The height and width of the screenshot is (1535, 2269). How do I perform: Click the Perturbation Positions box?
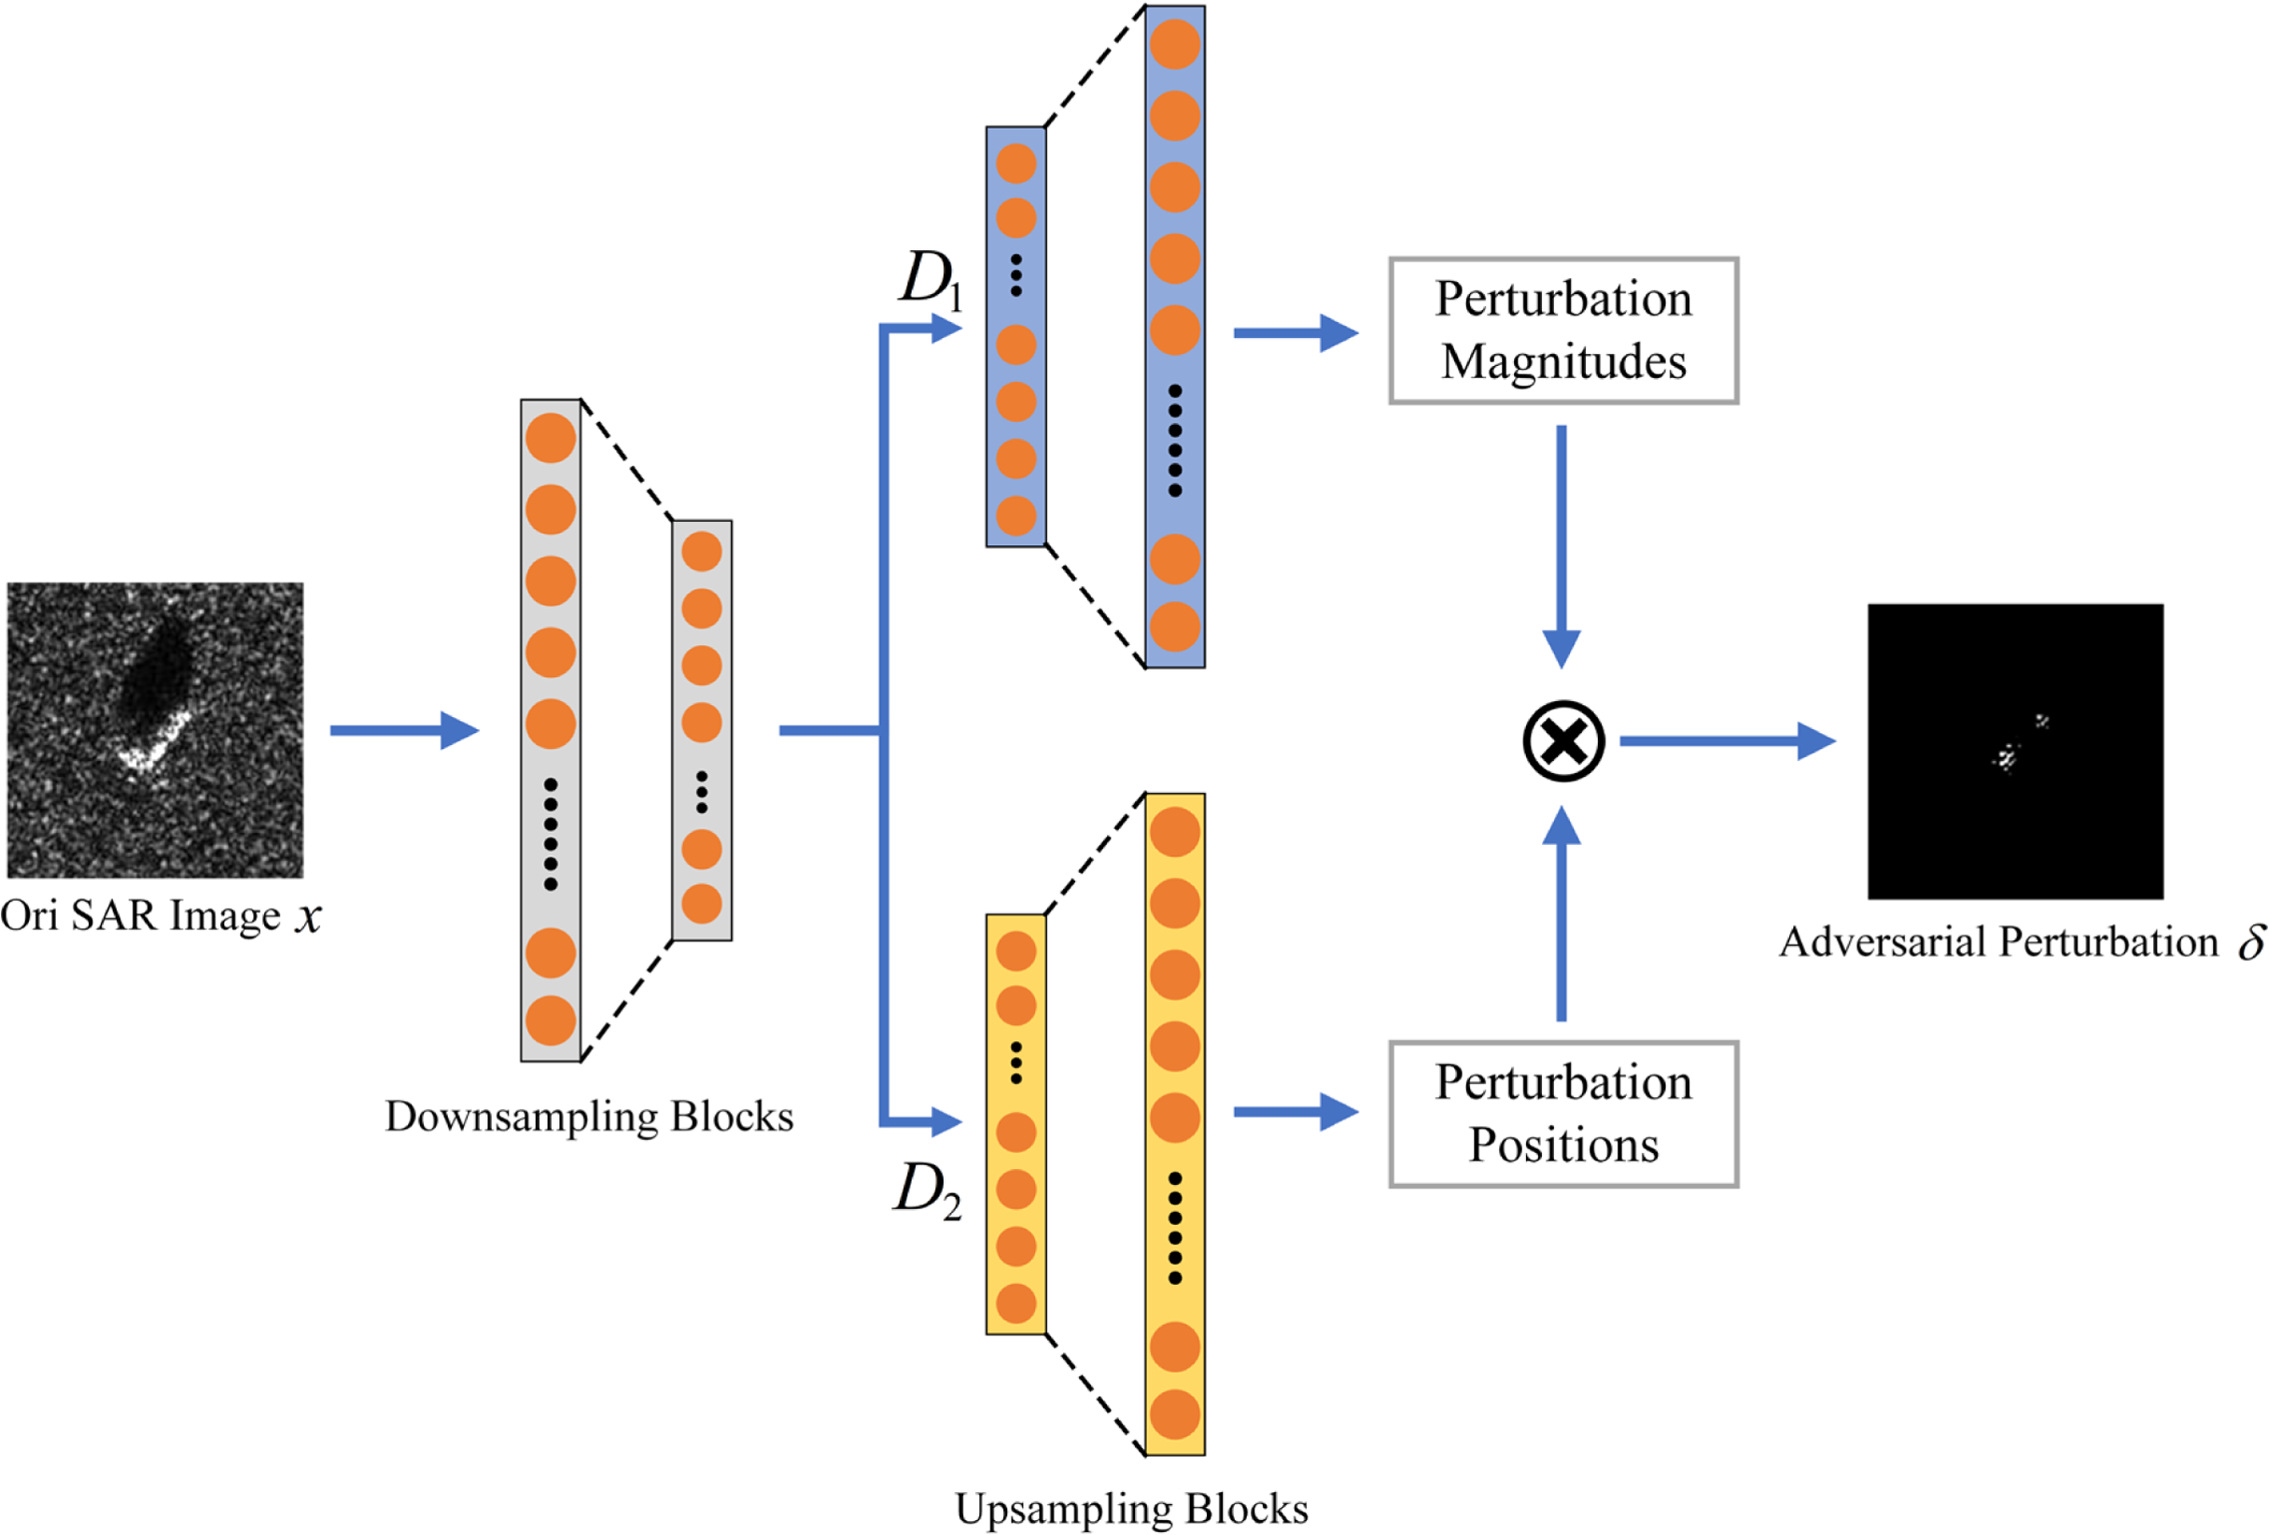(x=1563, y=1114)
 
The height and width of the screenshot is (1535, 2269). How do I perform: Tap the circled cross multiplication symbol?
(x=1563, y=741)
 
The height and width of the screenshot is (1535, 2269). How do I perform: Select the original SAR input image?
(x=155, y=730)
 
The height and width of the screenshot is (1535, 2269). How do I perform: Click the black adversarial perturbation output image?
(x=2015, y=751)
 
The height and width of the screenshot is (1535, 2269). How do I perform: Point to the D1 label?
(x=931, y=280)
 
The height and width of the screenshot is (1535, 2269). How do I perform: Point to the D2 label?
(x=928, y=1190)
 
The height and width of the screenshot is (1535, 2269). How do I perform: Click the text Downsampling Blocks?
(x=589, y=1117)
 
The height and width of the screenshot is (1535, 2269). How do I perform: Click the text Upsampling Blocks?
(x=1130, y=1509)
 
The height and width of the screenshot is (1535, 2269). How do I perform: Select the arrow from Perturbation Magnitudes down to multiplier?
(x=1562, y=547)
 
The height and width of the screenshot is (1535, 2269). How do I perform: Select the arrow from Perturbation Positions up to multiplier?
(x=1562, y=914)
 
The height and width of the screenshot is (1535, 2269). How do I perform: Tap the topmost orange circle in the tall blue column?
(x=1174, y=44)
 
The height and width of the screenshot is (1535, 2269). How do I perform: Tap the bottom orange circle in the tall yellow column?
(x=1174, y=1415)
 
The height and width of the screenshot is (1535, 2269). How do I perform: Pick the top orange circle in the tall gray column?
(x=551, y=438)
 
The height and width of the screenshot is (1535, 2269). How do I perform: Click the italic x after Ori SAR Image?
(x=309, y=917)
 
